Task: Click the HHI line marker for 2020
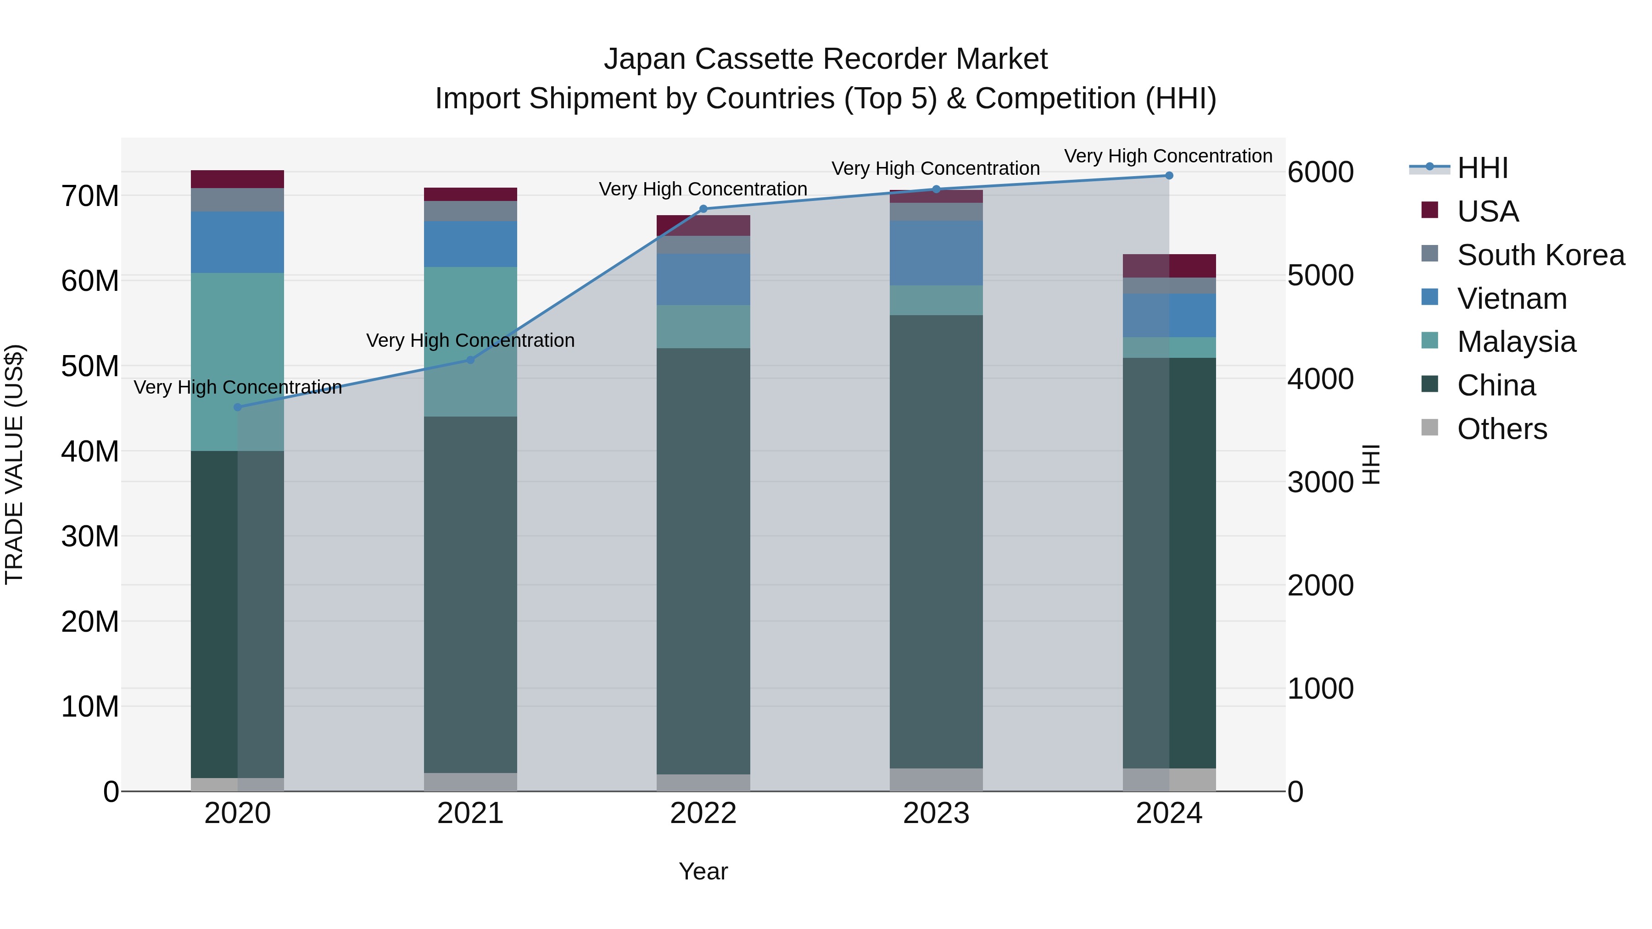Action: [x=237, y=407]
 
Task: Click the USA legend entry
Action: [x=1487, y=211]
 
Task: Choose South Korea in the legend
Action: [x=1540, y=255]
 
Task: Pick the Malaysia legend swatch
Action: [x=1429, y=340]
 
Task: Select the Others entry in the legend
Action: [x=1501, y=429]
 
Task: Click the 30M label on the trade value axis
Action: [x=90, y=536]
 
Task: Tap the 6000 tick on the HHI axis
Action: [x=1320, y=172]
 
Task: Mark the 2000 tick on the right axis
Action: [x=1320, y=585]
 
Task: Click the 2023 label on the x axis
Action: [x=936, y=813]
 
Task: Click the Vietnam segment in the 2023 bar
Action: [x=936, y=253]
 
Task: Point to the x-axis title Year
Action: [x=703, y=871]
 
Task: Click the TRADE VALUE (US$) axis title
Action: [x=14, y=464]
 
